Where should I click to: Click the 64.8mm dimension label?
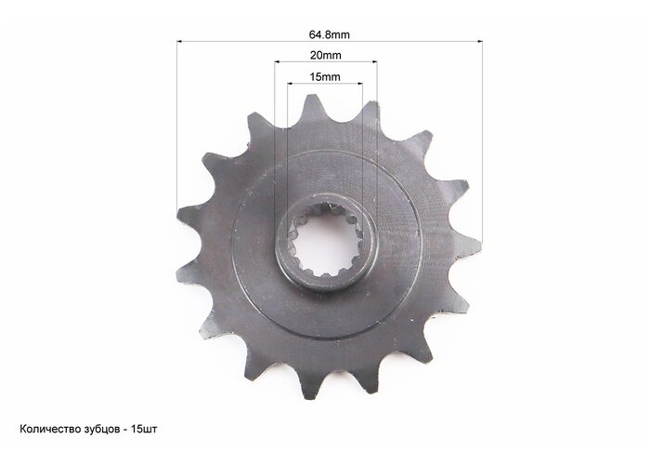pyautogui.click(x=329, y=34)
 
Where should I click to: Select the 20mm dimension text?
pyautogui.click(x=325, y=55)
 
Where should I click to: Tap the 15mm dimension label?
pyautogui.click(x=325, y=77)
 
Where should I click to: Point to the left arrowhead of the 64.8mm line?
pyautogui.click(x=179, y=41)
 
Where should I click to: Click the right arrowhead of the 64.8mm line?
pyautogui.click(x=480, y=41)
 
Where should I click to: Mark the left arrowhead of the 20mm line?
pyautogui.click(x=277, y=62)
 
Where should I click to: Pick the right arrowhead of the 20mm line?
pyautogui.click(x=374, y=62)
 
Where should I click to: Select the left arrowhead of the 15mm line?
pyautogui.click(x=290, y=84)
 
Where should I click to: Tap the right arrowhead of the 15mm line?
pyautogui.click(x=360, y=84)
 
